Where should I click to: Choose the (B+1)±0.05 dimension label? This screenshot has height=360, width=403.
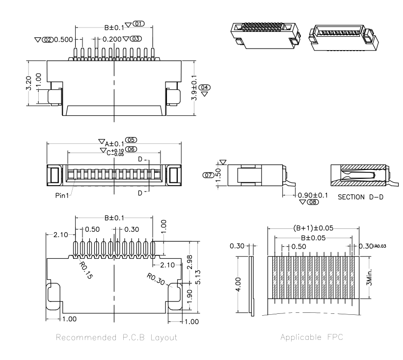tap(313, 227)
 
